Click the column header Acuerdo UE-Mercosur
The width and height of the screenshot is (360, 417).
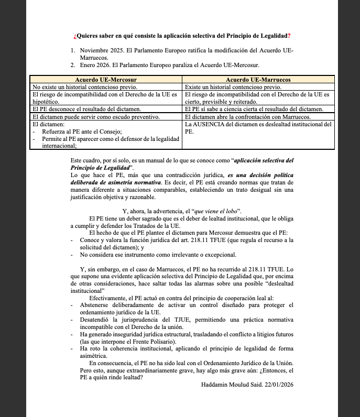point(105,79)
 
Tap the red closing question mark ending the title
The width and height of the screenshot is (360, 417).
point(289,36)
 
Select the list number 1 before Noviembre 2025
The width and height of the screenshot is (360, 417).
point(73,50)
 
